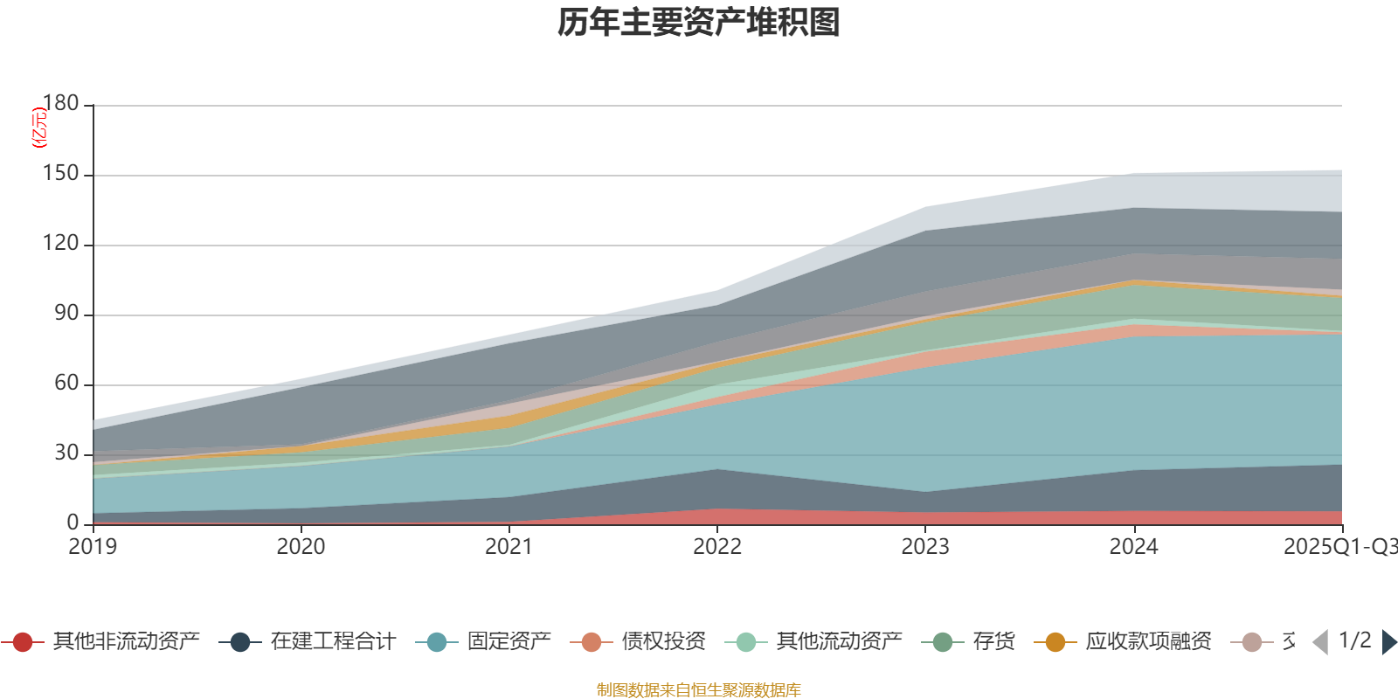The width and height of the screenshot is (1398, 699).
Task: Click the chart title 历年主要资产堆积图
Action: tap(699, 23)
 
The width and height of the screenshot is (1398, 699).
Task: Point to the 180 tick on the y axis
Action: tap(60, 103)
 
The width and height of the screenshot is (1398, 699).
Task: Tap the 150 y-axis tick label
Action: tap(60, 173)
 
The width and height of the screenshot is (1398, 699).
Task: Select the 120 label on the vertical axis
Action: tap(60, 243)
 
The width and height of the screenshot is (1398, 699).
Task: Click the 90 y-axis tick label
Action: tap(66, 313)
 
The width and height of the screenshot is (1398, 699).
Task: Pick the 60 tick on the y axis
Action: tap(66, 383)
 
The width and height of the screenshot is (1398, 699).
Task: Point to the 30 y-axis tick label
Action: tap(66, 453)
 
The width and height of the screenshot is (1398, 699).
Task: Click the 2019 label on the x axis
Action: tap(93, 547)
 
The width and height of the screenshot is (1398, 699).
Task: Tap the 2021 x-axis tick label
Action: tap(509, 547)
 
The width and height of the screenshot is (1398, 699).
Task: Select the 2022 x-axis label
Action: tap(716, 547)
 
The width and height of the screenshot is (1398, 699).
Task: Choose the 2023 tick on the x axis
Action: tap(925, 547)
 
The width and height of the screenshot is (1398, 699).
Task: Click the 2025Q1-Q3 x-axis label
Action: tap(1339, 547)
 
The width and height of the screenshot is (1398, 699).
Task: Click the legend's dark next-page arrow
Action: tap(1388, 642)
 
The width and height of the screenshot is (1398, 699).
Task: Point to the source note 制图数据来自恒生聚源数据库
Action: tap(699, 690)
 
